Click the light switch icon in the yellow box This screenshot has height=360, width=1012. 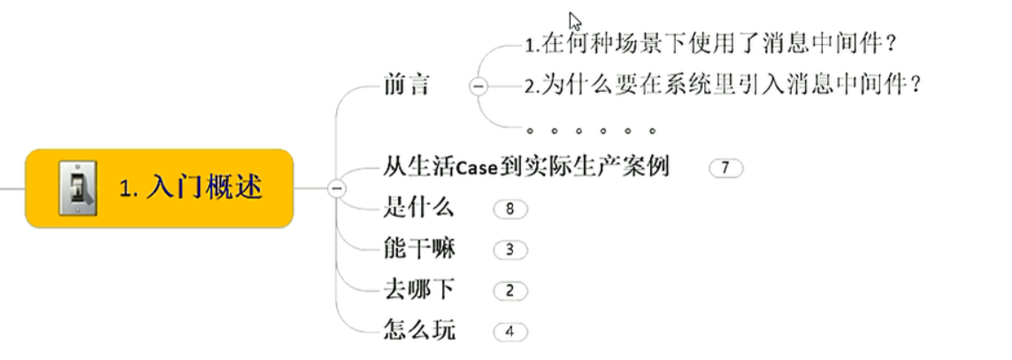coord(78,188)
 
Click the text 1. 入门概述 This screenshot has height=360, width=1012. coord(191,188)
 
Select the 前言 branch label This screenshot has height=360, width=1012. coord(407,85)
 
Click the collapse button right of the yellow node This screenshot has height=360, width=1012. coord(335,188)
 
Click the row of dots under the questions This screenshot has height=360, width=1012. coord(591,131)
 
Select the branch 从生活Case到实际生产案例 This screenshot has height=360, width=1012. coord(526,165)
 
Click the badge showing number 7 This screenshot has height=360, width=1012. coord(725,167)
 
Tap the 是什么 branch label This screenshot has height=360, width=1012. coord(419,208)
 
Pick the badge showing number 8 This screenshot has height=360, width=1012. coord(510,210)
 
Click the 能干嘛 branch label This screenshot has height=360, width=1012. coord(419,249)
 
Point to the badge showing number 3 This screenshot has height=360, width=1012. coord(510,249)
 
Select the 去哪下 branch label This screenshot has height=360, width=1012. coord(419,289)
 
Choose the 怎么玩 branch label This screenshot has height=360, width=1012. coord(419,331)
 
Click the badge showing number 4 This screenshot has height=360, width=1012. coord(510,333)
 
